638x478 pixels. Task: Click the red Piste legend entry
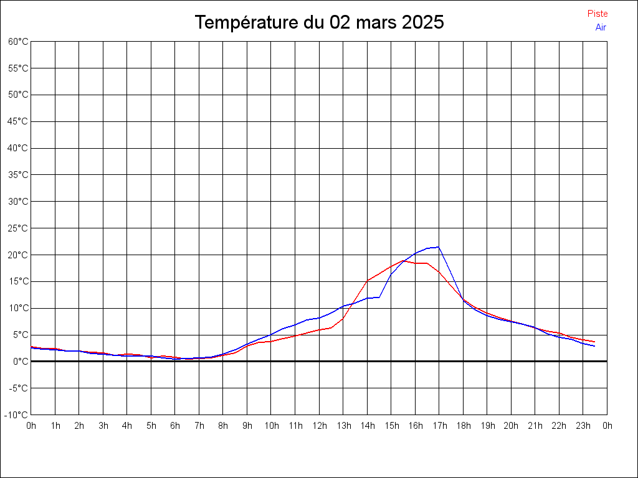pyautogui.click(x=598, y=14)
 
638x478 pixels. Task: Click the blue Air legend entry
pyautogui.click(x=601, y=27)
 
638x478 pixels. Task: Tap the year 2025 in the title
pyautogui.click(x=423, y=22)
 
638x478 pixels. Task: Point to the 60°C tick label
pyautogui.click(x=18, y=42)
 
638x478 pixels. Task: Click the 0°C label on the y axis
pyautogui.click(x=21, y=361)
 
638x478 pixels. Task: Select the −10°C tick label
pyautogui.click(x=17, y=415)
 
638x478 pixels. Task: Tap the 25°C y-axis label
pyautogui.click(x=18, y=228)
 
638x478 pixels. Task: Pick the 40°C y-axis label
pyautogui.click(x=18, y=148)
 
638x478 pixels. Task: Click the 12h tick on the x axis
pyautogui.click(x=319, y=426)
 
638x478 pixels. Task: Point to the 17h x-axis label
pyautogui.click(x=439, y=426)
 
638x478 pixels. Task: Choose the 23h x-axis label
pyautogui.click(x=583, y=426)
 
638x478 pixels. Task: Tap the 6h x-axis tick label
pyautogui.click(x=175, y=426)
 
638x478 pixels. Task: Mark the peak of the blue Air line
pyautogui.click(x=439, y=247)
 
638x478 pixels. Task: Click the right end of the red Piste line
pyautogui.click(x=594, y=342)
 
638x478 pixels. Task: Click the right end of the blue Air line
pyautogui.click(x=594, y=345)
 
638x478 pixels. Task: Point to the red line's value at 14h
pyautogui.click(x=367, y=281)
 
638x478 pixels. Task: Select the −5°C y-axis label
pyautogui.click(x=18, y=388)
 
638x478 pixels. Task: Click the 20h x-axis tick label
pyautogui.click(x=511, y=426)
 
